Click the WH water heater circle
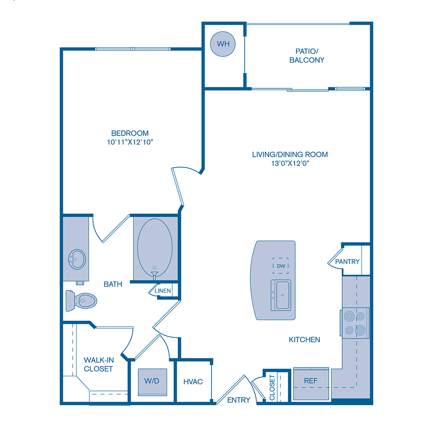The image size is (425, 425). click(x=223, y=43)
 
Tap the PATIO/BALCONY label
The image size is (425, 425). click(x=307, y=55)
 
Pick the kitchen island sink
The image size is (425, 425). click(x=282, y=295)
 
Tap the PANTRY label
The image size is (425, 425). click(x=347, y=262)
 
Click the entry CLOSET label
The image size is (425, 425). click(x=272, y=388)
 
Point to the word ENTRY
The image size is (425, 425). click(x=238, y=400)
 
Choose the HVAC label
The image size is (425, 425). click(x=193, y=381)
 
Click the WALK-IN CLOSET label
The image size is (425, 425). click(x=98, y=364)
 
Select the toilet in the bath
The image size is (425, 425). click(x=81, y=300)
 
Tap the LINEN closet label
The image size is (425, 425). click(x=163, y=291)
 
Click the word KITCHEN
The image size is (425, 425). click(x=305, y=340)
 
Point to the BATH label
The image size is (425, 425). click(x=113, y=284)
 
